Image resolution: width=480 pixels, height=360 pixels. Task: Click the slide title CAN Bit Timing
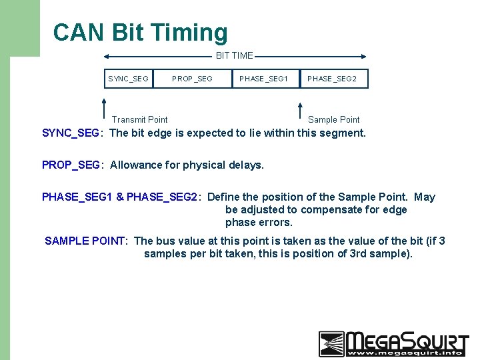pyautogui.click(x=140, y=32)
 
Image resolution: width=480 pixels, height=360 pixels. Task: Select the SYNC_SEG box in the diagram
pyautogui.click(x=129, y=79)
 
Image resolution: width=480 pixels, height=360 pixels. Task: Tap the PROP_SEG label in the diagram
pyautogui.click(x=192, y=79)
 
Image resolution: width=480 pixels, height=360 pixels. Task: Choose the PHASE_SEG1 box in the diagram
pyautogui.click(x=264, y=79)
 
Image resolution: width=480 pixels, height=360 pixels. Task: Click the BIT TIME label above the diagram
pyautogui.click(x=234, y=56)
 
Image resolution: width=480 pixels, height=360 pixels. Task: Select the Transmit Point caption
pyautogui.click(x=140, y=119)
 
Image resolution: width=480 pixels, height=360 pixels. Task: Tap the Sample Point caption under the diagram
pyautogui.click(x=333, y=119)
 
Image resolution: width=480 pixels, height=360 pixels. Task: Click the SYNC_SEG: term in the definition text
pyautogui.click(x=72, y=133)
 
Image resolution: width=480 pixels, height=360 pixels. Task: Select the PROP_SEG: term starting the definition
pyautogui.click(x=73, y=165)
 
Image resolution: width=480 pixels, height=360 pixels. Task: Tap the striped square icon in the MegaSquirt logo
pyautogui.click(x=331, y=343)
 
